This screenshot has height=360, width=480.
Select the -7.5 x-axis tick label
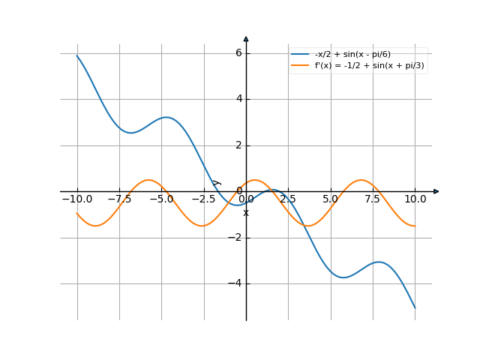point(119,199)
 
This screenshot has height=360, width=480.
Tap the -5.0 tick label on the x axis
point(161,199)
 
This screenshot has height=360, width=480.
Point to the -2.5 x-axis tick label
point(203,199)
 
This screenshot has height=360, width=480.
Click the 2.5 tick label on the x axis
point(289,199)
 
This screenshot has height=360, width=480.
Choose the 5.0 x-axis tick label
point(331,199)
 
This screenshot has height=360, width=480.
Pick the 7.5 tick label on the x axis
point(373,199)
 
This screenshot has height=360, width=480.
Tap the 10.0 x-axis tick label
point(415,199)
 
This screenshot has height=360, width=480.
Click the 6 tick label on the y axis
point(238,52)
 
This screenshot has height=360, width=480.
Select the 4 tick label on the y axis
point(238,99)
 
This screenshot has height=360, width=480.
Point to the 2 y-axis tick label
point(238,145)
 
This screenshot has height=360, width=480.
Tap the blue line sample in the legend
point(300,54)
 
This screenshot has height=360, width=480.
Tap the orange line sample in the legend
point(300,66)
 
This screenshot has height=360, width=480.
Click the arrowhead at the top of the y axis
point(246,39)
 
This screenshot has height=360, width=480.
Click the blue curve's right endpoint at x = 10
point(415,307)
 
